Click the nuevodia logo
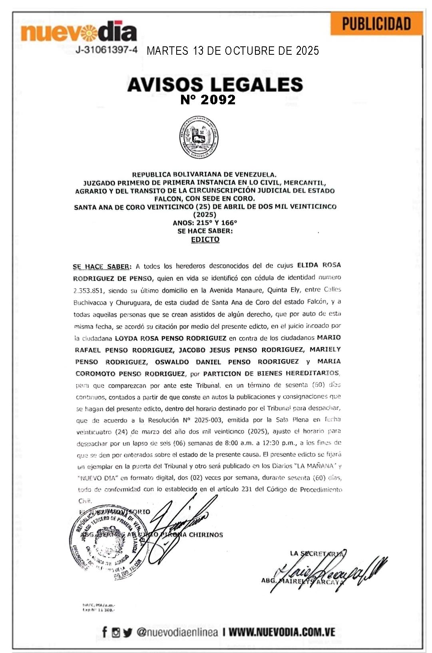tap(79, 32)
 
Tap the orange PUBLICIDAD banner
tap(376, 24)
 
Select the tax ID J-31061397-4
tap(106, 50)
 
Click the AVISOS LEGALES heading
tap(215, 84)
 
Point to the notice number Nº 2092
tap(208, 100)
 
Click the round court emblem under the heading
tap(199, 138)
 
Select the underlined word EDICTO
tap(205, 239)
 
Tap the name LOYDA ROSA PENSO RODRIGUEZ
tap(171, 338)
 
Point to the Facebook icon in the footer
tap(105, 632)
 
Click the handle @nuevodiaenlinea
tap(177, 632)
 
